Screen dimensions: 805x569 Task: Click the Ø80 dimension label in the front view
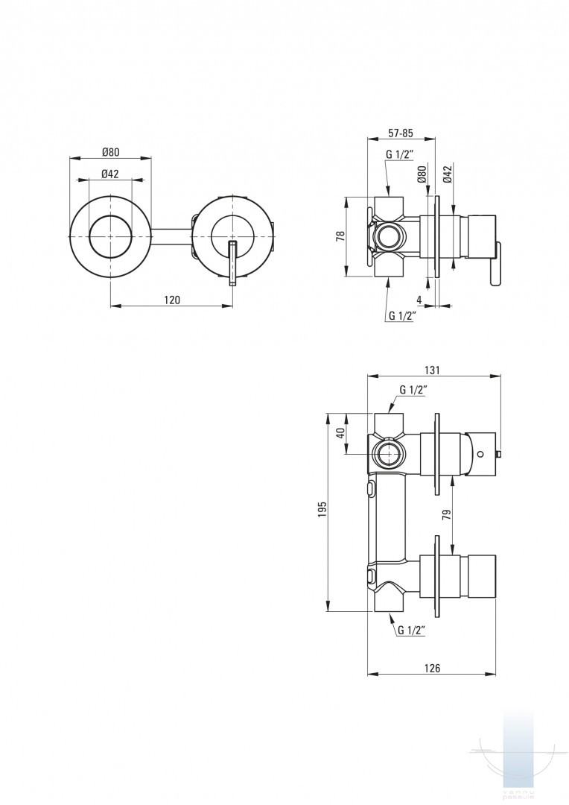point(110,152)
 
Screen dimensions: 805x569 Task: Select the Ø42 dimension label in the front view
point(110,174)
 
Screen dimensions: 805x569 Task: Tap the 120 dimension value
point(172,300)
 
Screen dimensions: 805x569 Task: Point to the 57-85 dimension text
point(401,133)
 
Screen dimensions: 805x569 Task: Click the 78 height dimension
point(340,236)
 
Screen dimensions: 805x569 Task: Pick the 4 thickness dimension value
point(419,300)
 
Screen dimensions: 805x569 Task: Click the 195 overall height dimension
point(322,510)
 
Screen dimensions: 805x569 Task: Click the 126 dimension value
point(432,668)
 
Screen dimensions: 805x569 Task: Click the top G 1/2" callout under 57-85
point(400,155)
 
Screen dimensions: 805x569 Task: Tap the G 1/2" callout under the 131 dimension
point(413,390)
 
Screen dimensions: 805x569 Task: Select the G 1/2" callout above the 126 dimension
point(411,630)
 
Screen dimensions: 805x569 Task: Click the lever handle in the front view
point(232,262)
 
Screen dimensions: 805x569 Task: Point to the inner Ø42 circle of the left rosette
point(110,236)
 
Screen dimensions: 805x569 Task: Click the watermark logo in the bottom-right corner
point(518,753)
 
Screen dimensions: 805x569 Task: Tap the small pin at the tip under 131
point(499,453)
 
